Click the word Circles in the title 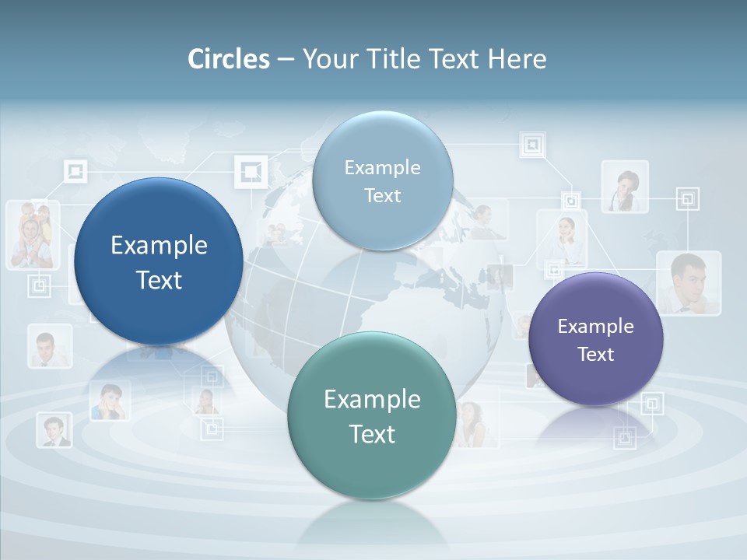[x=229, y=59]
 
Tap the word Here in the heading [x=517, y=59]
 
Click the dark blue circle [x=159, y=261]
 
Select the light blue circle [x=382, y=180]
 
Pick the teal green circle [x=372, y=415]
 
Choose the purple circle [x=596, y=339]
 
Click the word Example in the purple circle [x=596, y=326]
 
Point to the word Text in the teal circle [x=372, y=433]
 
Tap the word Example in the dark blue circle [x=159, y=245]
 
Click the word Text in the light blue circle [x=382, y=195]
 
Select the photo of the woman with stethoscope [x=625, y=187]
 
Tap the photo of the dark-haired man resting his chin [x=688, y=282]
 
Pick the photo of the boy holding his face [x=110, y=401]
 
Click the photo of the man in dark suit [x=54, y=429]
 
